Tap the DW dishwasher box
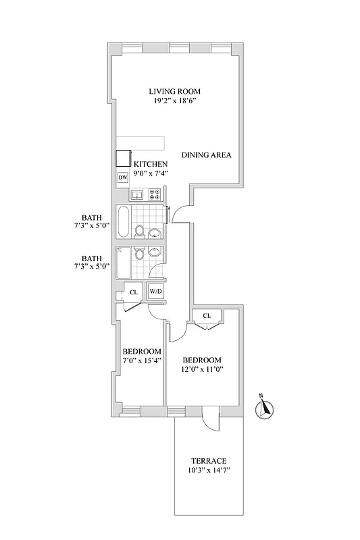(x=123, y=178)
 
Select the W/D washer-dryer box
(x=156, y=292)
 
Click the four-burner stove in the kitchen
(x=155, y=195)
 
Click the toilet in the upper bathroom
(x=140, y=232)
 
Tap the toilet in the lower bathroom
(x=139, y=253)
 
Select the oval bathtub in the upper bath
(x=123, y=222)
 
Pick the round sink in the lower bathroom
(x=155, y=253)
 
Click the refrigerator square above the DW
(x=123, y=158)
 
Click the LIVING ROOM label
(x=175, y=91)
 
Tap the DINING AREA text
(x=206, y=155)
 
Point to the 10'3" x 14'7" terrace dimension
(x=207, y=470)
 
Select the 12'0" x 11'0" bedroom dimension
(x=203, y=369)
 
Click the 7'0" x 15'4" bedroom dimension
(x=141, y=360)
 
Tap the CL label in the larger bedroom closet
(x=207, y=315)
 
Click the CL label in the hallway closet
(x=134, y=292)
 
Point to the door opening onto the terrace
(x=211, y=420)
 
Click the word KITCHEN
(x=151, y=164)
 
